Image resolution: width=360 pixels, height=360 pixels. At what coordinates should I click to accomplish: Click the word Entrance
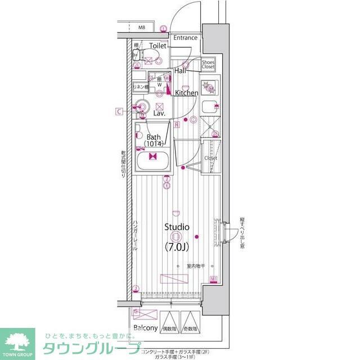click(x=185, y=38)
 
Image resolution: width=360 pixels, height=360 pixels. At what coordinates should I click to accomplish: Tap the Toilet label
click(x=157, y=45)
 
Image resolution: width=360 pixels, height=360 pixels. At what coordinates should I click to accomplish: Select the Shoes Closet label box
click(x=208, y=64)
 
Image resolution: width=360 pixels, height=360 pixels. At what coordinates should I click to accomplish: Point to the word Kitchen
click(x=186, y=93)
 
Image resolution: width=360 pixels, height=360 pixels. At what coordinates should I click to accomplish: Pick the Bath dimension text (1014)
click(x=154, y=145)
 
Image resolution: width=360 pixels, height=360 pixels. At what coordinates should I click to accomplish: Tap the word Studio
click(x=177, y=227)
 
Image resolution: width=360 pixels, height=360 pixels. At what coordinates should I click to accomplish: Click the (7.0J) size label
click(x=177, y=246)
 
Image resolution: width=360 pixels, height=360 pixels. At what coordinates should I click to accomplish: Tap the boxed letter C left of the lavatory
click(x=119, y=111)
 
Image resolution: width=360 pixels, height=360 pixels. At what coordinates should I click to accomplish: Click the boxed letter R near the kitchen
click(x=177, y=124)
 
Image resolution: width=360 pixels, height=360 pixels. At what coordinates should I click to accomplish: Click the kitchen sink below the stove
click(x=209, y=107)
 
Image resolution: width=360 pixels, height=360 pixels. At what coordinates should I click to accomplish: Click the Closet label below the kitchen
click(x=210, y=158)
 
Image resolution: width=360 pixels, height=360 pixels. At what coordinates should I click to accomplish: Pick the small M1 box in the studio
click(x=214, y=279)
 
